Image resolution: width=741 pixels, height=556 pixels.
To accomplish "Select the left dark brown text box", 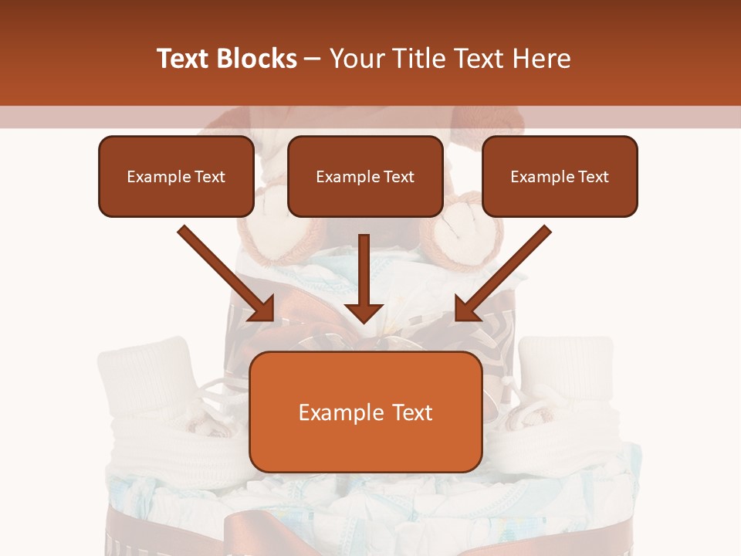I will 176,176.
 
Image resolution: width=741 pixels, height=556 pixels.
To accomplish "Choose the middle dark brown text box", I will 365,176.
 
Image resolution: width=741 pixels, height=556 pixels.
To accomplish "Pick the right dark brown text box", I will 560,176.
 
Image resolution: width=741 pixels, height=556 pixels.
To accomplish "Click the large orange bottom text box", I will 365,412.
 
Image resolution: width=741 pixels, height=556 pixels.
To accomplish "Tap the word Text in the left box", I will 209,177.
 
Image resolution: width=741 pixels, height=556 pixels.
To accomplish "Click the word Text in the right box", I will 593,177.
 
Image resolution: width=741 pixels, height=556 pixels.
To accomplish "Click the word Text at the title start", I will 184,59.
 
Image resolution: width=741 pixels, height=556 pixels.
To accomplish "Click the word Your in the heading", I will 353,59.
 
